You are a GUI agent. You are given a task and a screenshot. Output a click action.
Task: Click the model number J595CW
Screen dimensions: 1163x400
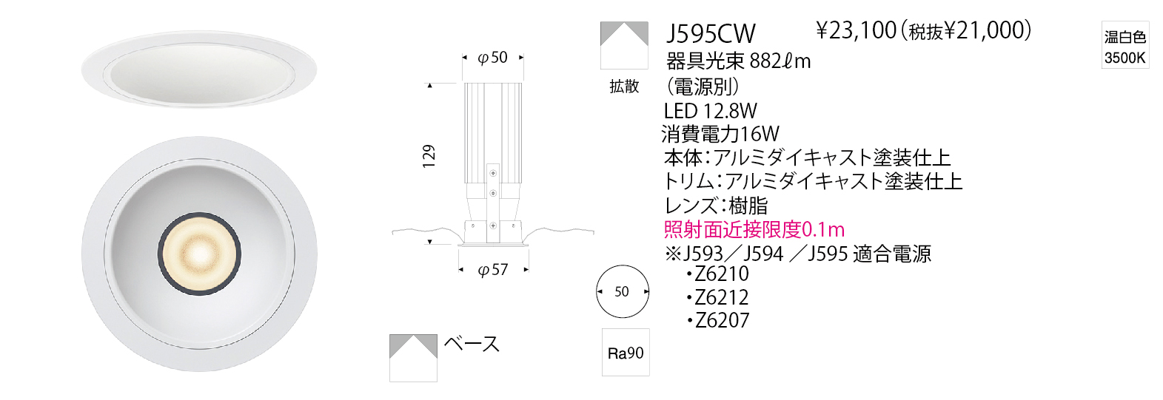click(x=710, y=34)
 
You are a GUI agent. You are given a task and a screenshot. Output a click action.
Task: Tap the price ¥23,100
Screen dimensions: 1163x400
click(x=857, y=31)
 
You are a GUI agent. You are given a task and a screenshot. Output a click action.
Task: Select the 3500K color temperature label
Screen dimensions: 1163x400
click(x=1125, y=58)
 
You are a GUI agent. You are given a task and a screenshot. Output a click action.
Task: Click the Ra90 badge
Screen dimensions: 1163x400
click(x=626, y=353)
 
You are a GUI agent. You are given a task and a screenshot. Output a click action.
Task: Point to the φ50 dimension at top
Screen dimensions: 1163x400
click(x=492, y=58)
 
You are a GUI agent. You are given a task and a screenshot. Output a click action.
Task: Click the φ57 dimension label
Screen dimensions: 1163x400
click(x=493, y=270)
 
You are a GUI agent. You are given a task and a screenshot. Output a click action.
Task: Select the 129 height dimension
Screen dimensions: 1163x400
click(x=429, y=156)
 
